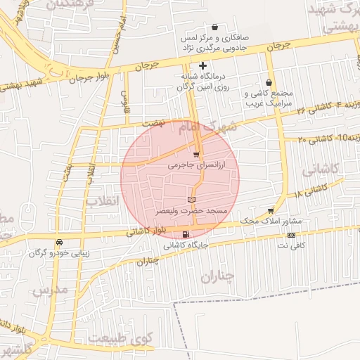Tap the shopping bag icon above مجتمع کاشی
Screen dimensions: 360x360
tap(269, 82)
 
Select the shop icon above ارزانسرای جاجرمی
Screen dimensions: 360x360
tap(196, 154)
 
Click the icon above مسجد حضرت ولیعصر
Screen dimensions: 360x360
tap(191, 201)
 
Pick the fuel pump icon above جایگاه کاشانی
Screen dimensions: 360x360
tap(186, 235)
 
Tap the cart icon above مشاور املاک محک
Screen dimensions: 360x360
tap(271, 210)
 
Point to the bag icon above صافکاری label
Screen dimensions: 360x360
tap(224, 27)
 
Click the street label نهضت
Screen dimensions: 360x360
tap(152, 122)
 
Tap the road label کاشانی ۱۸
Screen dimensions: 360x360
tap(310, 190)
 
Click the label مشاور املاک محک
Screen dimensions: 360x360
tap(270, 221)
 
